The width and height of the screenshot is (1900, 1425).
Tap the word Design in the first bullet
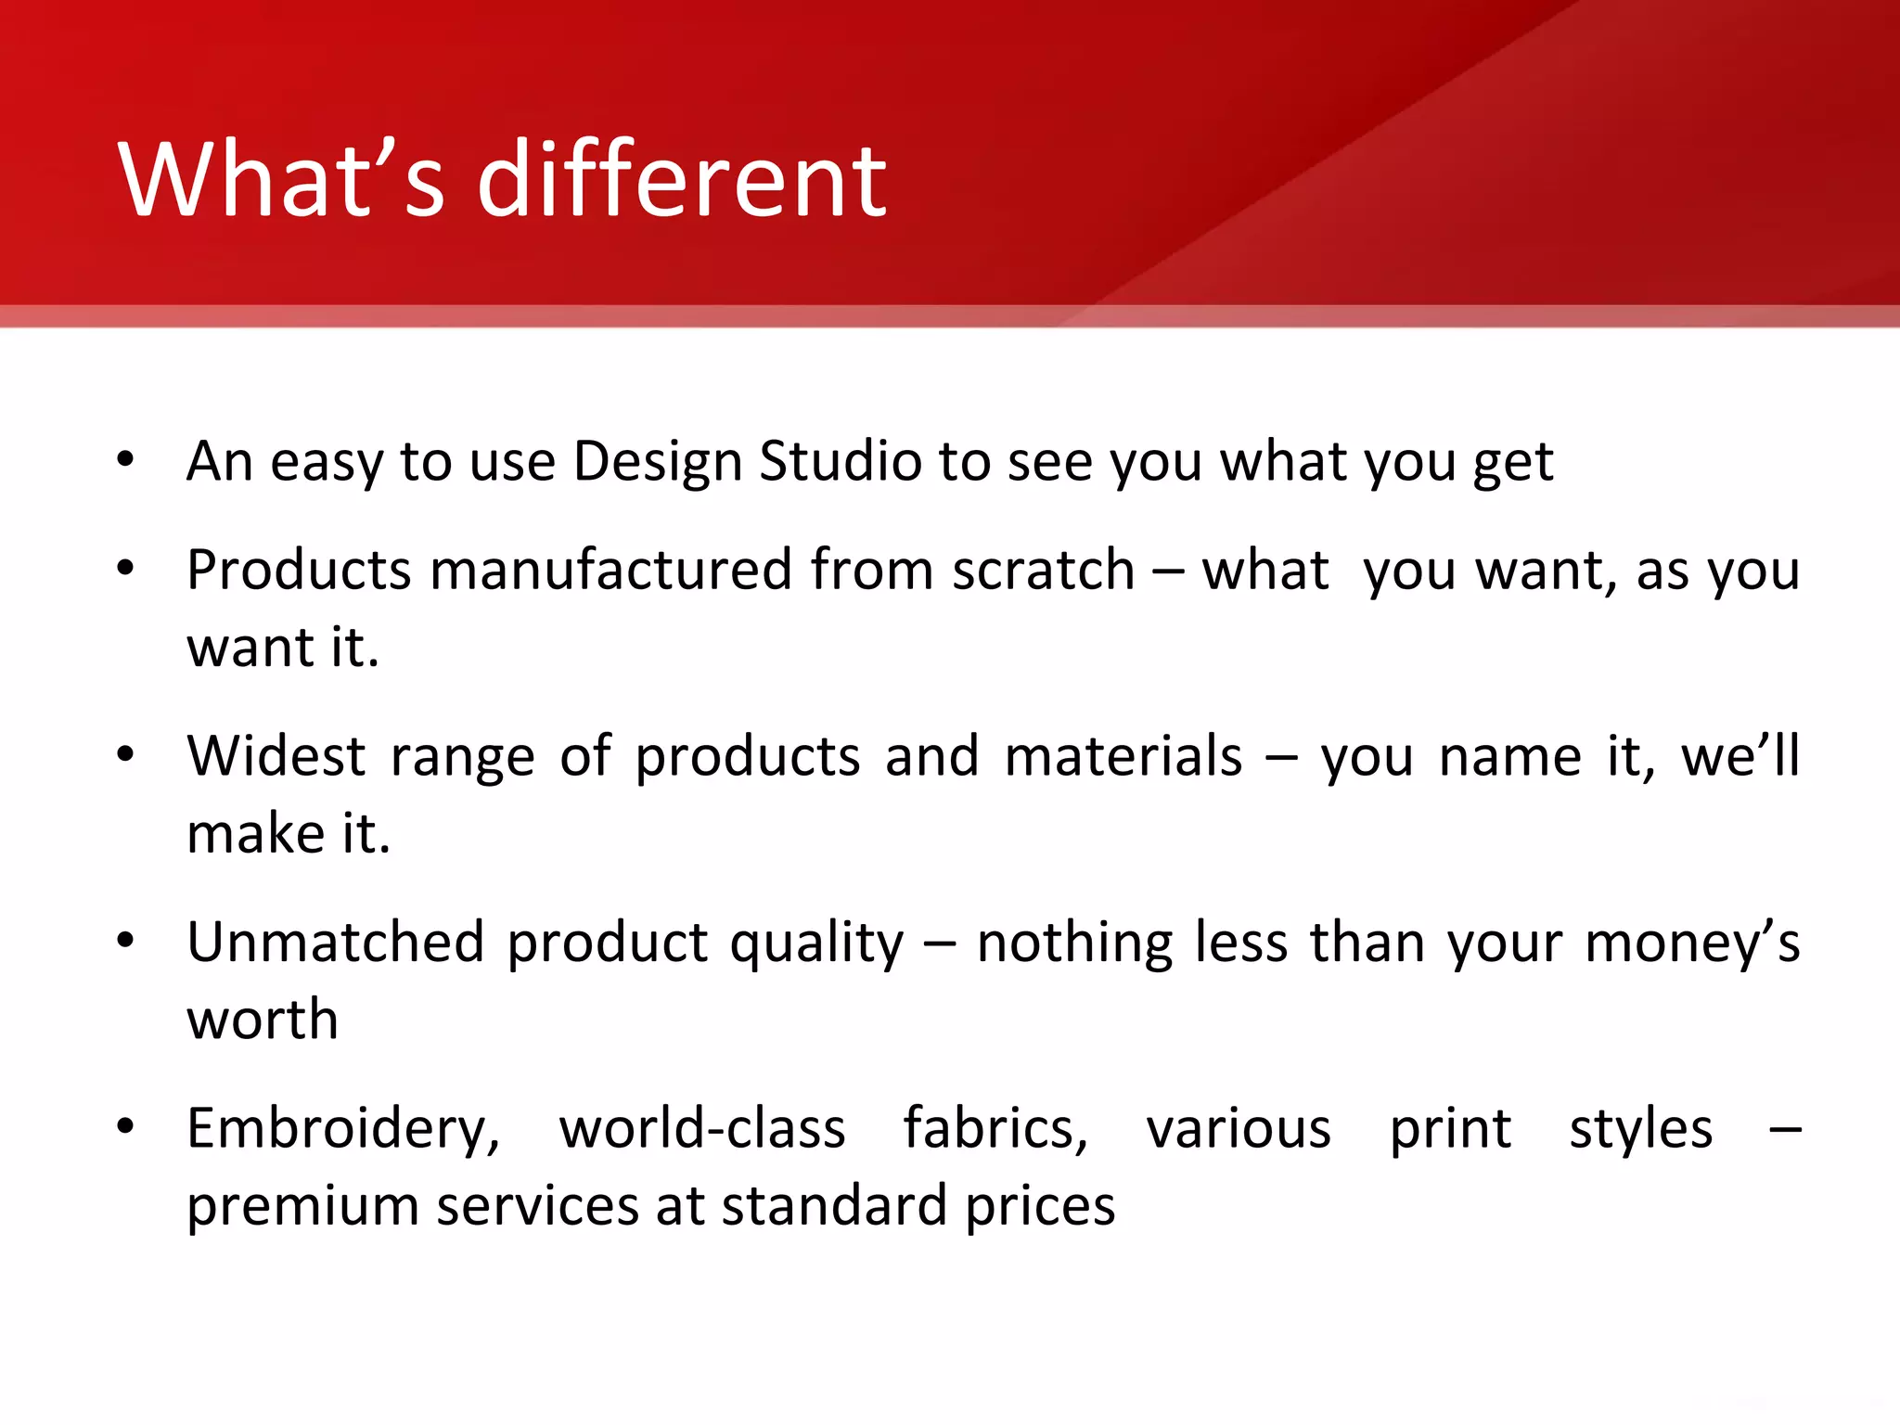(658, 461)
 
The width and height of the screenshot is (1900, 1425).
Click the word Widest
(276, 755)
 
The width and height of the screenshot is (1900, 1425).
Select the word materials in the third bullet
(1123, 755)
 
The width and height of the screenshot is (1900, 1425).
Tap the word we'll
(1740, 755)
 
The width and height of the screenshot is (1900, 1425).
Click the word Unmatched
(335, 942)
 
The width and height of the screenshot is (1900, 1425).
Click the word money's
(1692, 942)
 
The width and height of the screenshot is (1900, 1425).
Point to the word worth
(263, 1020)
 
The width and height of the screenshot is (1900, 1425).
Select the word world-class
(702, 1128)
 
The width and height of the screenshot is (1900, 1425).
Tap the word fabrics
(995, 1128)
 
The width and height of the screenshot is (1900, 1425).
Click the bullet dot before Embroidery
(125, 1126)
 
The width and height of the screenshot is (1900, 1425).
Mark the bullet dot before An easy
(125, 458)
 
